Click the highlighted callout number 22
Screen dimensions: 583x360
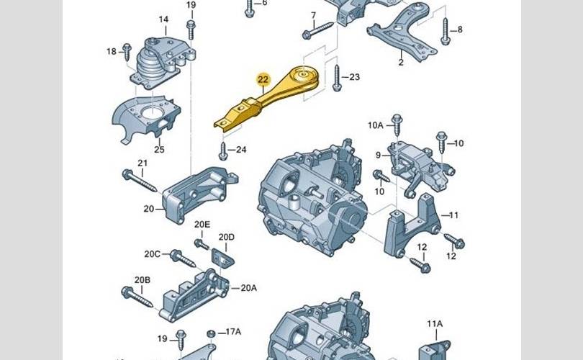(263, 79)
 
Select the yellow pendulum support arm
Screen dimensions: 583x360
(266, 99)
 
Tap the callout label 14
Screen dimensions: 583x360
(163, 19)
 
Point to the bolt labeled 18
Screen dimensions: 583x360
(127, 52)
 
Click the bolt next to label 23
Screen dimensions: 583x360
(337, 78)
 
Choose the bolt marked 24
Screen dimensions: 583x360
(223, 151)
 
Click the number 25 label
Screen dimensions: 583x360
(159, 150)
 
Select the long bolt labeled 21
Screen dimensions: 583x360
(140, 181)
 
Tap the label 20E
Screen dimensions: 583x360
(202, 224)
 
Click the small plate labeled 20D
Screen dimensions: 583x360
(223, 257)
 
